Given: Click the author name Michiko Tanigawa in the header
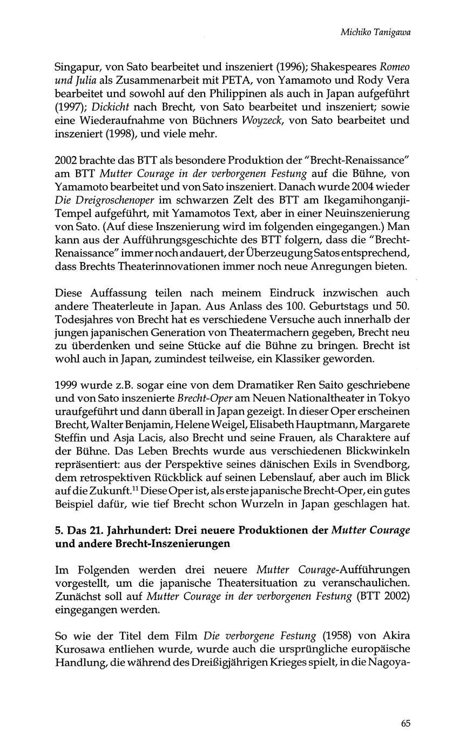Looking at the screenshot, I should (375, 32).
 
